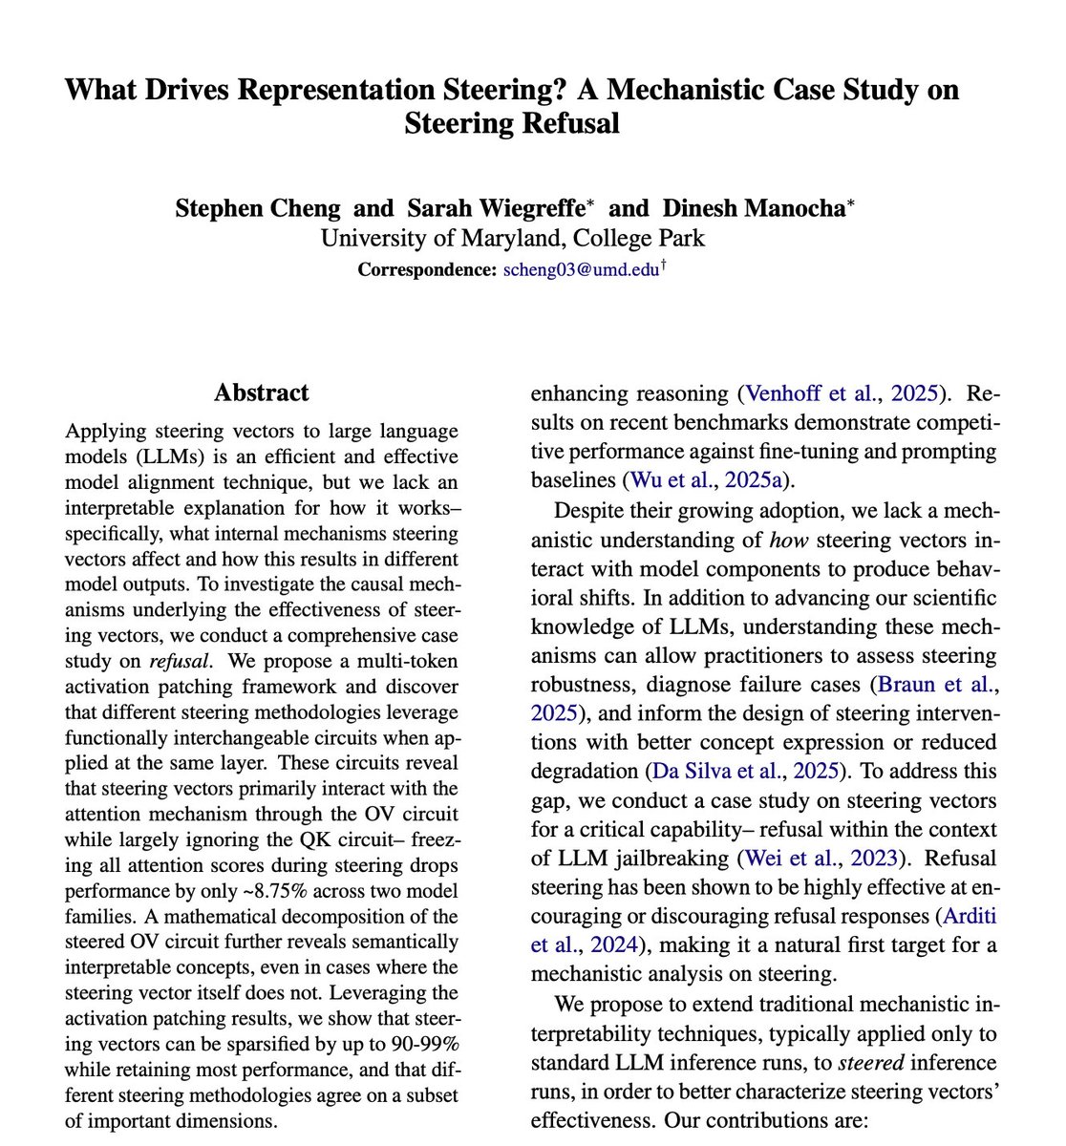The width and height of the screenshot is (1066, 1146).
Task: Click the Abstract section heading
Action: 261,393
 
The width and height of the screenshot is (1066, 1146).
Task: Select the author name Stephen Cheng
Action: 257,208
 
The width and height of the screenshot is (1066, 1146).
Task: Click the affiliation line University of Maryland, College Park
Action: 512,238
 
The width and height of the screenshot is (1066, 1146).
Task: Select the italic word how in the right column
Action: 788,541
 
